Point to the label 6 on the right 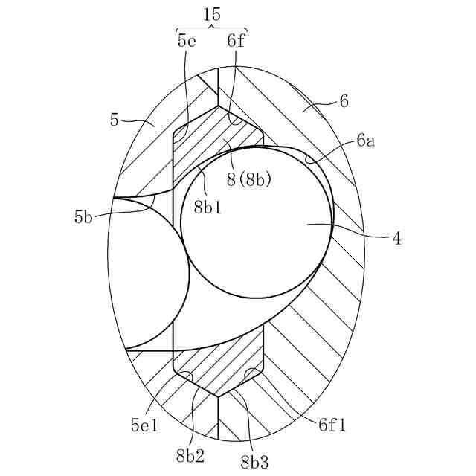click(344, 101)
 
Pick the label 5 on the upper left click(115, 120)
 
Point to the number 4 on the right click(397, 239)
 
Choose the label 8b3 click(254, 460)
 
